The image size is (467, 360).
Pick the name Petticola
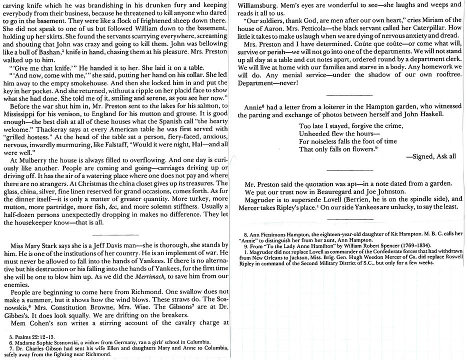pos(315,28)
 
